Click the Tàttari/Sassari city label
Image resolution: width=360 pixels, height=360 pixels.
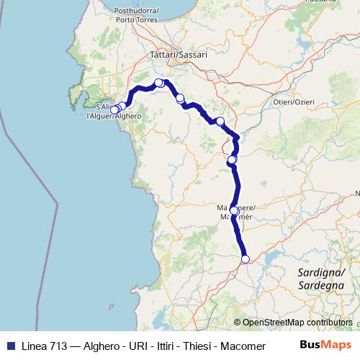click(178, 54)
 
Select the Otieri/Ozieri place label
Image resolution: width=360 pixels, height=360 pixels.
click(294, 102)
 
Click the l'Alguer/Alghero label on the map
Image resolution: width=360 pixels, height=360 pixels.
click(113, 116)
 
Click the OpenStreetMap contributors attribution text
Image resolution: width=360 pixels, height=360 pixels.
click(297, 323)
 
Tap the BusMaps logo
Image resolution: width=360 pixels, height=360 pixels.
click(325, 345)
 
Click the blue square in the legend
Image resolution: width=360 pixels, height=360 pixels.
click(9, 346)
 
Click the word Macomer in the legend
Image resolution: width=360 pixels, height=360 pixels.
click(243, 346)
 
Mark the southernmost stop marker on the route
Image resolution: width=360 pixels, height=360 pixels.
click(245, 259)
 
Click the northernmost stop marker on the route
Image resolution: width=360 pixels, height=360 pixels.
click(159, 83)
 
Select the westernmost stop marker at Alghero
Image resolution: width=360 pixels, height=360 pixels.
click(113, 109)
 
